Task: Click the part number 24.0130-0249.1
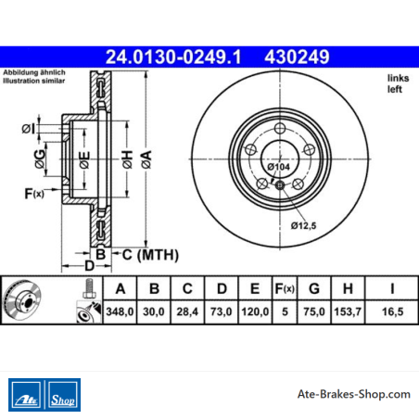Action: [173, 57]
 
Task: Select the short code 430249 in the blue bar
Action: [297, 57]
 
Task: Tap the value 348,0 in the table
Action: [120, 311]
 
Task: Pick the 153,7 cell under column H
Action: [348, 311]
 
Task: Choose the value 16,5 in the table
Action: [392, 311]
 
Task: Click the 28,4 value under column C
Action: [187, 311]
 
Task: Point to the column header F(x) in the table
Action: [285, 288]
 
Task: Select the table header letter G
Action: [314, 288]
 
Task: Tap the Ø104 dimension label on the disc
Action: [279, 167]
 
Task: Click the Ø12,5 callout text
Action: [303, 226]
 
